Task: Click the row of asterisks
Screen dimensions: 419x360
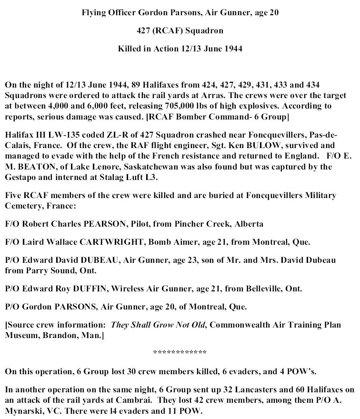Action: [180, 353]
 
